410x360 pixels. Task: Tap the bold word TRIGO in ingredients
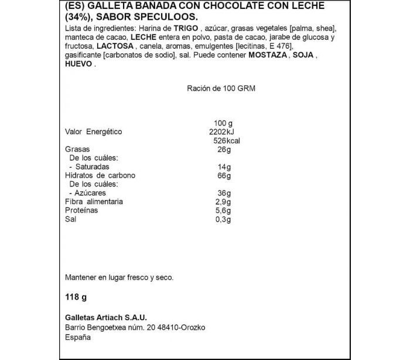pos(186,29)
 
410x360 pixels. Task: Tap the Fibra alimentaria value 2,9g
pos(222,202)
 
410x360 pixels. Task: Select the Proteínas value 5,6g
pos(222,210)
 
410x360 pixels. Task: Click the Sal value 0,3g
pos(222,219)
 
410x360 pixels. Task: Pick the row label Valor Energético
pos(94,132)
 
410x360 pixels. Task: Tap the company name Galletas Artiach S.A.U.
pos(102,317)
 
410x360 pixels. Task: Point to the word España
pos(78,337)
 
